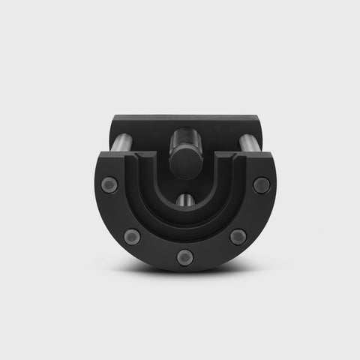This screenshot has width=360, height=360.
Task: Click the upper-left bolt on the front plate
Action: click(x=109, y=184)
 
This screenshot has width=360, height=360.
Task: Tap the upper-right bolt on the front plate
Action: click(x=261, y=184)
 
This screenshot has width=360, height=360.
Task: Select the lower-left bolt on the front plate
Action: click(x=133, y=237)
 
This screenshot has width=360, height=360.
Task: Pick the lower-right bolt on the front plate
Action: click(x=238, y=237)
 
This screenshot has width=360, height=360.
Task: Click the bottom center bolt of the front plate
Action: click(x=185, y=257)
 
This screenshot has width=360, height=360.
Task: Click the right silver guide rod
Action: click(x=247, y=142)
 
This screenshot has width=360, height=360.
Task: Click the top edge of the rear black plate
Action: click(x=185, y=116)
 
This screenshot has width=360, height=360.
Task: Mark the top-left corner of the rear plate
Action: click(x=113, y=118)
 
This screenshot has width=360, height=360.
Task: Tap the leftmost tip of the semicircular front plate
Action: click(x=96, y=180)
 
